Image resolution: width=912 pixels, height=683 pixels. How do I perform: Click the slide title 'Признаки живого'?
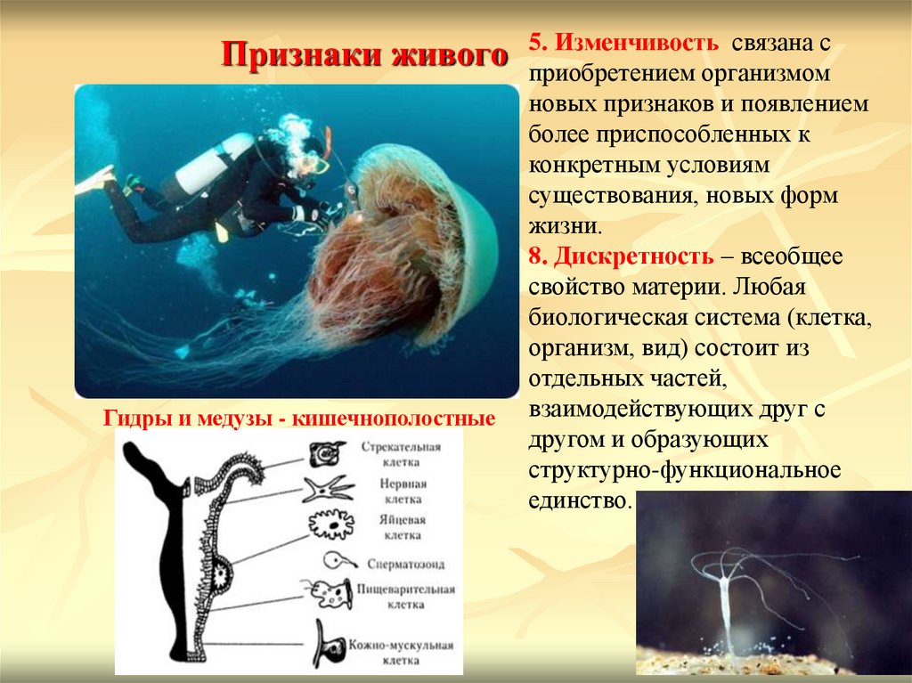(364, 54)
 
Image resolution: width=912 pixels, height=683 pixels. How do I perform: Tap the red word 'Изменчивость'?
(635, 43)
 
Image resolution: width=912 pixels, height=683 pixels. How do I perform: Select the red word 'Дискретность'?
(632, 256)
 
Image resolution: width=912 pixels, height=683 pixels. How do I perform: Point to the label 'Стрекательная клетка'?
(388, 455)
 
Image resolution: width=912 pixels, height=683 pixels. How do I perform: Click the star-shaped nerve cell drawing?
(328, 490)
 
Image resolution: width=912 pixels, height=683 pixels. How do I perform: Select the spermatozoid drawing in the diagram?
(334, 562)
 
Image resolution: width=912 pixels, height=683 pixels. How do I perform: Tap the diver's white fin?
(94, 180)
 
